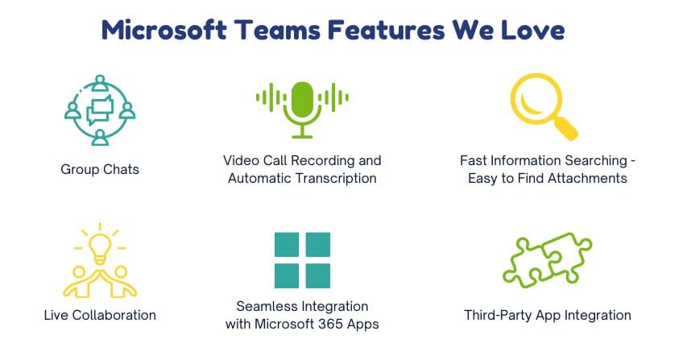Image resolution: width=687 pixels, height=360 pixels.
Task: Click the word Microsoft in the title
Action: click(163, 30)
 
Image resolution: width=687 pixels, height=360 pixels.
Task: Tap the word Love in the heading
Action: click(533, 30)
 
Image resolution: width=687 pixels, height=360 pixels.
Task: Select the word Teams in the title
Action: click(277, 30)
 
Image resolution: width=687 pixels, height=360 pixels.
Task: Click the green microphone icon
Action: click(302, 110)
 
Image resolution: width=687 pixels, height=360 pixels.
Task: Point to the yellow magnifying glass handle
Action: click(566, 128)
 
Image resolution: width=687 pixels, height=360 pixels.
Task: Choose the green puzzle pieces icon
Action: click(548, 259)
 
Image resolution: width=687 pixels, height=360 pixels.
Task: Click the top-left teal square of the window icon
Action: click(287, 244)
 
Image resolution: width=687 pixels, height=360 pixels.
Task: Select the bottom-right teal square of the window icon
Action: click(318, 276)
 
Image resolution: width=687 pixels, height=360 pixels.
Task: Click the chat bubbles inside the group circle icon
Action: click(100, 110)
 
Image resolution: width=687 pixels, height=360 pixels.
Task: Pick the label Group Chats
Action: click(100, 169)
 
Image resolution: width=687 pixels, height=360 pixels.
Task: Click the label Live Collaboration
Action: click(100, 315)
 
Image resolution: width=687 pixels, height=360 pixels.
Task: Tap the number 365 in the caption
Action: click(330, 324)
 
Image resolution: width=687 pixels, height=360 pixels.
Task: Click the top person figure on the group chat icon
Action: click(100, 83)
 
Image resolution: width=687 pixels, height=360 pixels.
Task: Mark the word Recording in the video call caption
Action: click(322, 161)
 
